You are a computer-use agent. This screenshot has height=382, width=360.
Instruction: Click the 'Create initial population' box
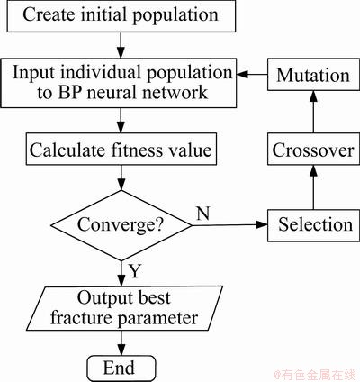(x=121, y=16)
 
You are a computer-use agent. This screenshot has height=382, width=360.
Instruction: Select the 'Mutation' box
(x=313, y=75)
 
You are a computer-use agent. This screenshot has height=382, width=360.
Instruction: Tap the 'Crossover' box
(x=313, y=149)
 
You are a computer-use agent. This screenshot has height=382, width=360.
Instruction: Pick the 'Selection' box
(x=313, y=225)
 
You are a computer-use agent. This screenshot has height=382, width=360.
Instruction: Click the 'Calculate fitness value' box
(x=121, y=150)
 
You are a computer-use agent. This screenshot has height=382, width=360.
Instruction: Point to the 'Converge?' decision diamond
(x=121, y=225)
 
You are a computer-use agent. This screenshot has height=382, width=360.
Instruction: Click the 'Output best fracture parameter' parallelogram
(x=125, y=308)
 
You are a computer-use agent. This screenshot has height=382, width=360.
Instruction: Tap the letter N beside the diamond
(x=202, y=214)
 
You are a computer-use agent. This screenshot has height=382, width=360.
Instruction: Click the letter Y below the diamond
(x=135, y=271)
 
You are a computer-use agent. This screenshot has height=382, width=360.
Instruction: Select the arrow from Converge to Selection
(x=229, y=225)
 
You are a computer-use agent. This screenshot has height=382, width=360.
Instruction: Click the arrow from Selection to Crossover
(x=313, y=187)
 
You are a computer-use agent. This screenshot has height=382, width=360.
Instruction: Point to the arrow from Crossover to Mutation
(x=313, y=112)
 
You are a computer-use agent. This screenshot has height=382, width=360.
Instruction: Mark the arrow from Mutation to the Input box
(x=252, y=75)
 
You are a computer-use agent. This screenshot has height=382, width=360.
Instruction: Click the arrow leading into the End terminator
(x=121, y=343)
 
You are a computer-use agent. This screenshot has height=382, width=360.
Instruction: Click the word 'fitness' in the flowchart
(x=136, y=150)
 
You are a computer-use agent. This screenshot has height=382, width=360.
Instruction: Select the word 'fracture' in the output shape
(x=81, y=318)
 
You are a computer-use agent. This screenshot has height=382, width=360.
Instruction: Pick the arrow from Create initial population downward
(x=121, y=45)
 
